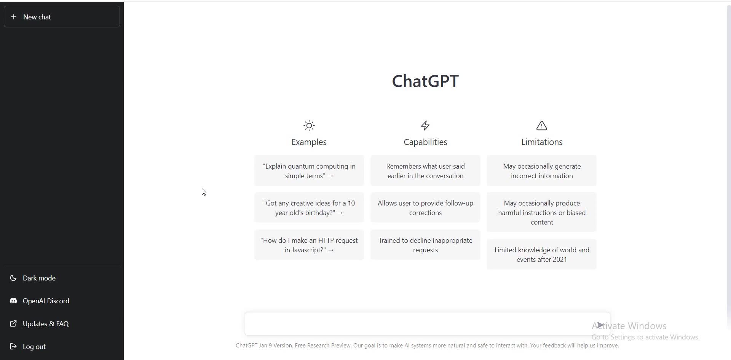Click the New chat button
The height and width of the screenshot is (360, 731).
[x=62, y=17]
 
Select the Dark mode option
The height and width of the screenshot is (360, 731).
[x=39, y=278]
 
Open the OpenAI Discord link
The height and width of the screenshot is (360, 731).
[x=46, y=301]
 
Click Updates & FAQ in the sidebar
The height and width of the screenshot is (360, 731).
[x=46, y=324]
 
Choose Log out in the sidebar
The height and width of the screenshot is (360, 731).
[x=34, y=347]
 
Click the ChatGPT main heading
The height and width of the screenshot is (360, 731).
[x=425, y=81]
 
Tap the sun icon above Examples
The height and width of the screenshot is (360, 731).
[x=309, y=126]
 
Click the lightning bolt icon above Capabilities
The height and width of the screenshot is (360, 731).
[x=425, y=126]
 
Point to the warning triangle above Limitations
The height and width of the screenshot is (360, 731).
[x=542, y=126]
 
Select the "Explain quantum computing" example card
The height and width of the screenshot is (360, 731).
[x=309, y=171]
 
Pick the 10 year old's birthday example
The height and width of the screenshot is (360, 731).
[x=309, y=208]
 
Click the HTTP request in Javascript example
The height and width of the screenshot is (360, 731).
[x=309, y=245]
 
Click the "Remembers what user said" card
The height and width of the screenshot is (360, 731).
[x=425, y=171]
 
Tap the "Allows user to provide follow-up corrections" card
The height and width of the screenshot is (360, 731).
[x=425, y=208]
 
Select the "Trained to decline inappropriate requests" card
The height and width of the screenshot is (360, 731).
[x=425, y=245]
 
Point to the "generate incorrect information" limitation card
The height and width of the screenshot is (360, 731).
[x=542, y=171]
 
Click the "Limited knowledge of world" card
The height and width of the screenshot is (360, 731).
[x=542, y=255]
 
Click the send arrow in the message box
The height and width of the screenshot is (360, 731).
[x=600, y=325]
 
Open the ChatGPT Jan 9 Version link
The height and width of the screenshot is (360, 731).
[x=264, y=346]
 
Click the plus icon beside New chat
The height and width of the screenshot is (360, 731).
[x=14, y=17]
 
